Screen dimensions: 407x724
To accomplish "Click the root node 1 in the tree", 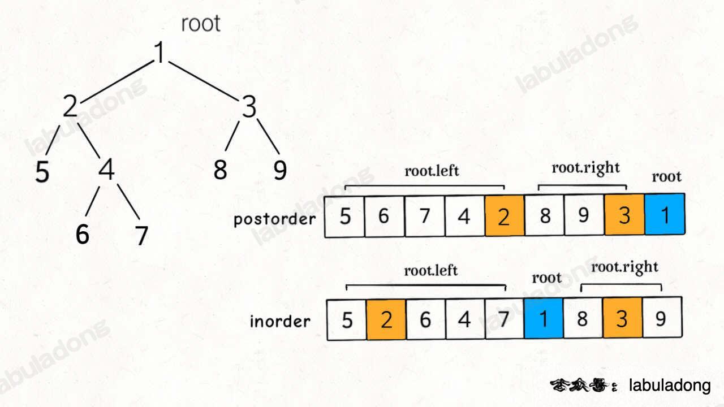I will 161,53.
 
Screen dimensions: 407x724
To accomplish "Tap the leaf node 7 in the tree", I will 141,235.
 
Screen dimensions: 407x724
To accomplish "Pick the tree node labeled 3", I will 249,107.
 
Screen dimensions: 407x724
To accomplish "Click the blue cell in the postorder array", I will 665,215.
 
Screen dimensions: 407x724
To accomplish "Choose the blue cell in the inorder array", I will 544,319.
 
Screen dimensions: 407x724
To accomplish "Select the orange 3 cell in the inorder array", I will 622,319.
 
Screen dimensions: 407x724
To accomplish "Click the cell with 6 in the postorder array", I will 384,216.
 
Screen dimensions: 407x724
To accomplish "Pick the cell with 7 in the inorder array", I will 504,319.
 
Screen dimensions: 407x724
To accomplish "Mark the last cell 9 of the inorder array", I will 661,319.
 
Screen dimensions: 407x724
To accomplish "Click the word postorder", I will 274,219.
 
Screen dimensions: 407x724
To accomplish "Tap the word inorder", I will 280,321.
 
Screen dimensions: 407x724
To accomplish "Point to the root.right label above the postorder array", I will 585,168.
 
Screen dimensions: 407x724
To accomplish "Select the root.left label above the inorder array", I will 430,271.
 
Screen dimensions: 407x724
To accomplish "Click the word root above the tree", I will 200,24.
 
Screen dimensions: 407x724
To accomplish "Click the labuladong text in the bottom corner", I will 670,386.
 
